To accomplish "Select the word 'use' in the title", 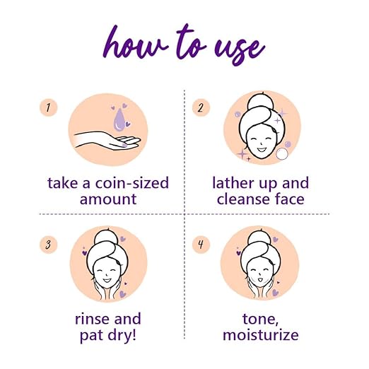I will coord(240,47).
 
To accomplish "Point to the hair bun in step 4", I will coord(259,238).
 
